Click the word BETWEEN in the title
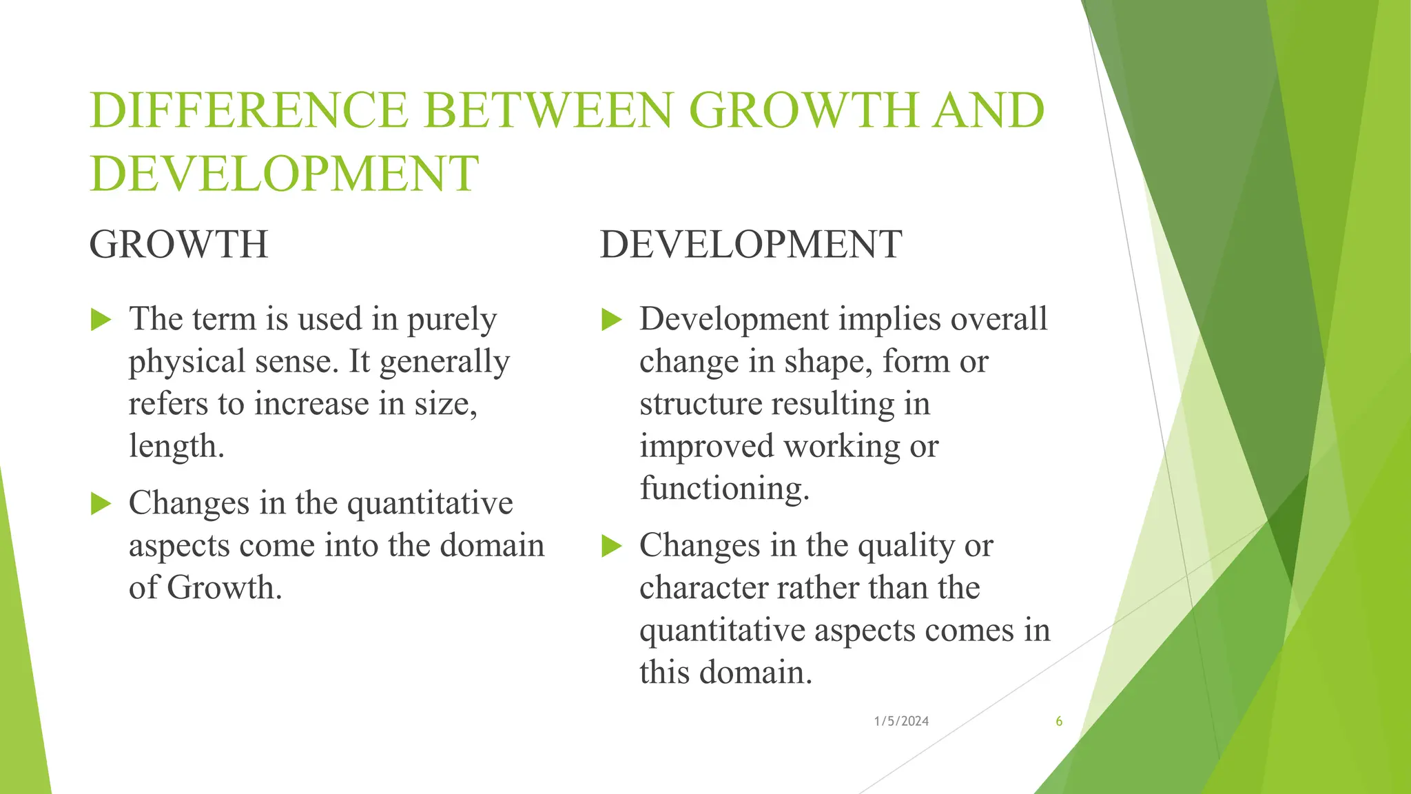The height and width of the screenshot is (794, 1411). [548, 110]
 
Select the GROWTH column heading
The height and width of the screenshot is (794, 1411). [178, 244]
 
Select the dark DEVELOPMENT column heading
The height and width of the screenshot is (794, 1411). [750, 244]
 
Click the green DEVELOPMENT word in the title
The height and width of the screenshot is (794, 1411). [284, 173]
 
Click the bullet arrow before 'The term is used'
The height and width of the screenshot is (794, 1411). [101, 320]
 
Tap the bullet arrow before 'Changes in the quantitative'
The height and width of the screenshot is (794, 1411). [101, 504]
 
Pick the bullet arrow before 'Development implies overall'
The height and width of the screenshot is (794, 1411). [611, 320]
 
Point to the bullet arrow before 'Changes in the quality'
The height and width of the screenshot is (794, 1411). [611, 546]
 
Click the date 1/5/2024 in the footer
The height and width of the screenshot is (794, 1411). [901, 721]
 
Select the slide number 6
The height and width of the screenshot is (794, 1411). [1059, 721]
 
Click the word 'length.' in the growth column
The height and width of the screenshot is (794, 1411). [176, 447]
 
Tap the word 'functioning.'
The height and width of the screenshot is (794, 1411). [724, 489]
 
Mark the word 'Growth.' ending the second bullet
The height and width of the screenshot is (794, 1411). [225, 588]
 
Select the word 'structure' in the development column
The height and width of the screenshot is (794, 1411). [700, 404]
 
